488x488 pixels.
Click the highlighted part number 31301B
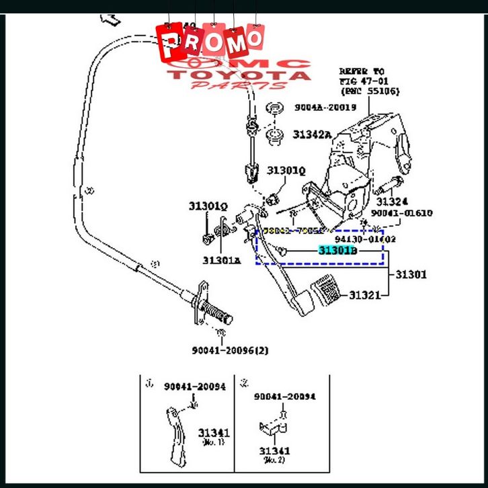pyautogui.click(x=337, y=251)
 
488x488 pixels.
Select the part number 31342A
pyautogui.click(x=311, y=134)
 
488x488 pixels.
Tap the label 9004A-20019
pyautogui.click(x=324, y=108)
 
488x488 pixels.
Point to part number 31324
pyautogui.click(x=391, y=201)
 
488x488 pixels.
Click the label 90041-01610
pyautogui.click(x=402, y=213)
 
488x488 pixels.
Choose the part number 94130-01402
pyautogui.click(x=366, y=239)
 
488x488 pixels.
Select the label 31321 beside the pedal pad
pyautogui.click(x=364, y=295)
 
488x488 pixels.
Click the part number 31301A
pyautogui.click(x=221, y=259)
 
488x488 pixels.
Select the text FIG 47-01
pyautogui.click(x=363, y=81)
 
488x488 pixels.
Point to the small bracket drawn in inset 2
pyautogui.click(x=272, y=429)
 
